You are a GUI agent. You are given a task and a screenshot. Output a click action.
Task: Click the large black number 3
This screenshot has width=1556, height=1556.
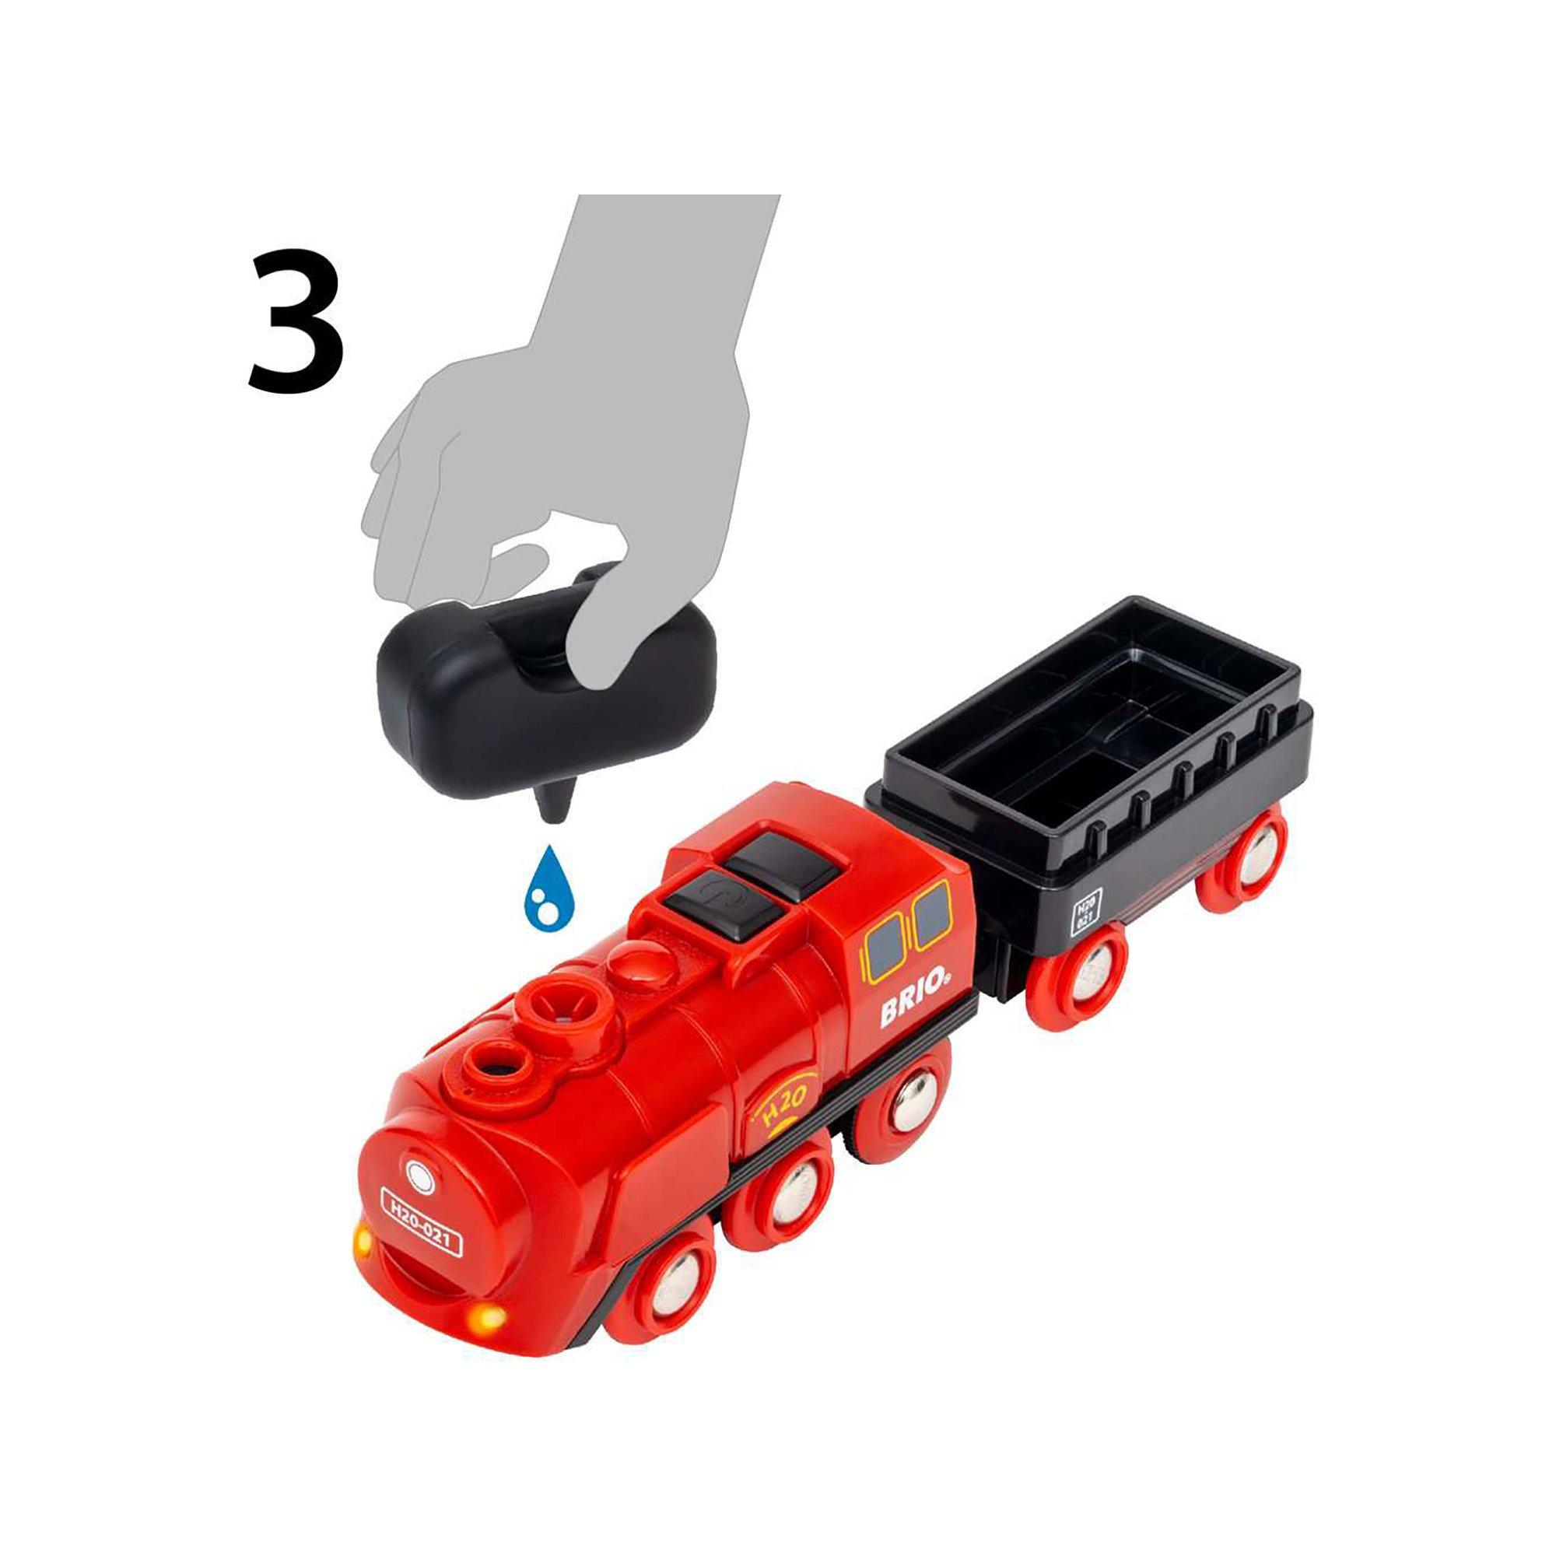pos(296,321)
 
